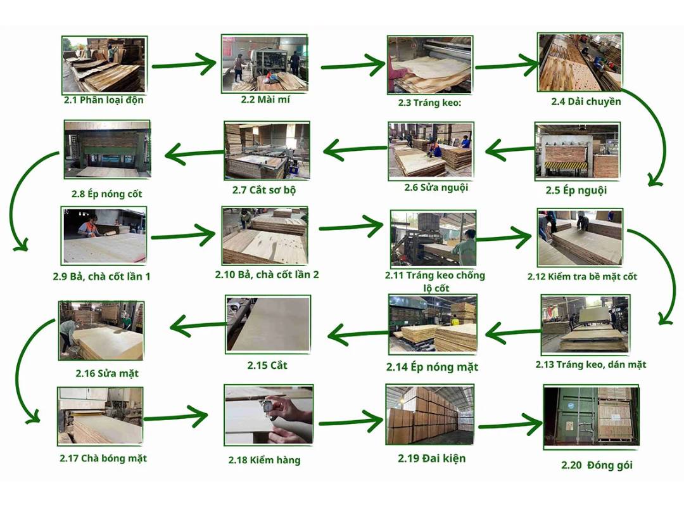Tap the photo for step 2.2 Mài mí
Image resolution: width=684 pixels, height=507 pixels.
tap(264, 63)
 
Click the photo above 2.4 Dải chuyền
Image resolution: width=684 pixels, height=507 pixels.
tap(579, 61)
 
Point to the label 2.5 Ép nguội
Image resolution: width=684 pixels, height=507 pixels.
tap(576, 189)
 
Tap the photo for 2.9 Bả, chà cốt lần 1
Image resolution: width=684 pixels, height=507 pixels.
tap(104, 234)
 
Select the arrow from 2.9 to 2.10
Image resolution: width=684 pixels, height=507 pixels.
tap(184, 236)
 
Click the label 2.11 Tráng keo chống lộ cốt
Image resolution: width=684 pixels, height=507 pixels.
tap(435, 281)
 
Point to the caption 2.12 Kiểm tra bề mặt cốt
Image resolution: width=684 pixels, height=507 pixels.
tap(582, 276)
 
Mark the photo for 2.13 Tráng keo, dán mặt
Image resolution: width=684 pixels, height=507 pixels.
tap(585, 324)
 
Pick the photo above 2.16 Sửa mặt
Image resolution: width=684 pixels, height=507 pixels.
tap(101, 330)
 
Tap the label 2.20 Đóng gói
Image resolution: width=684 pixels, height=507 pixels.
tap(596, 465)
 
